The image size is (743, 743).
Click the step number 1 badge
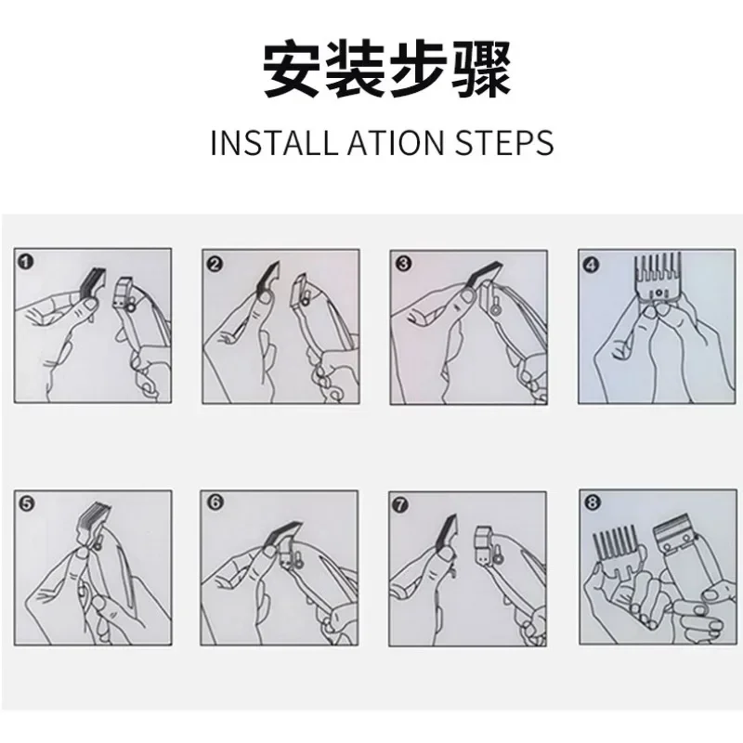point(27,262)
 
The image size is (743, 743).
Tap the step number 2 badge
point(215,264)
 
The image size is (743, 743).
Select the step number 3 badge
point(403,263)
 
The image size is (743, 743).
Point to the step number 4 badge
point(592,265)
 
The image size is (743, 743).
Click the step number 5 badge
point(27,503)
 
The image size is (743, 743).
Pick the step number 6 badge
point(215,502)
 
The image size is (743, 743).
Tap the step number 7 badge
point(401,505)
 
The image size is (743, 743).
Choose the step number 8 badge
point(593,502)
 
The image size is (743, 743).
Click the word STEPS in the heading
point(504,142)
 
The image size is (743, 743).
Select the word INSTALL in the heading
point(273,142)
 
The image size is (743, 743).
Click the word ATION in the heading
point(396,142)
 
